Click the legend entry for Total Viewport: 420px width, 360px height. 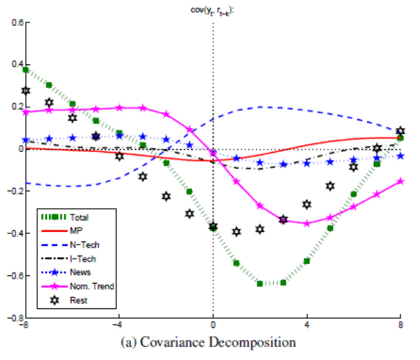point(77,217)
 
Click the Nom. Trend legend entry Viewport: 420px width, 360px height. point(87,286)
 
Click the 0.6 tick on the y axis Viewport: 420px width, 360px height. point(15,22)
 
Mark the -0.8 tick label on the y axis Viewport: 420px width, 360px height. point(13,317)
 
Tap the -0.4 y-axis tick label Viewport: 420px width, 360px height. point(13,233)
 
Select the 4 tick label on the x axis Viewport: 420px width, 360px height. point(307,326)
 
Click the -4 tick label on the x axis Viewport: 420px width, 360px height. point(118,326)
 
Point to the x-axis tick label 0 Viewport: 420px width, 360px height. point(213,326)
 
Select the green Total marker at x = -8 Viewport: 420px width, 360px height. point(26,70)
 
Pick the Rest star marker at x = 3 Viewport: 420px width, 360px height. point(283,220)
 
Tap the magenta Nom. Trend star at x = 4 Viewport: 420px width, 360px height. point(307,223)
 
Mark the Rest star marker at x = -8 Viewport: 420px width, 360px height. point(26,91)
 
